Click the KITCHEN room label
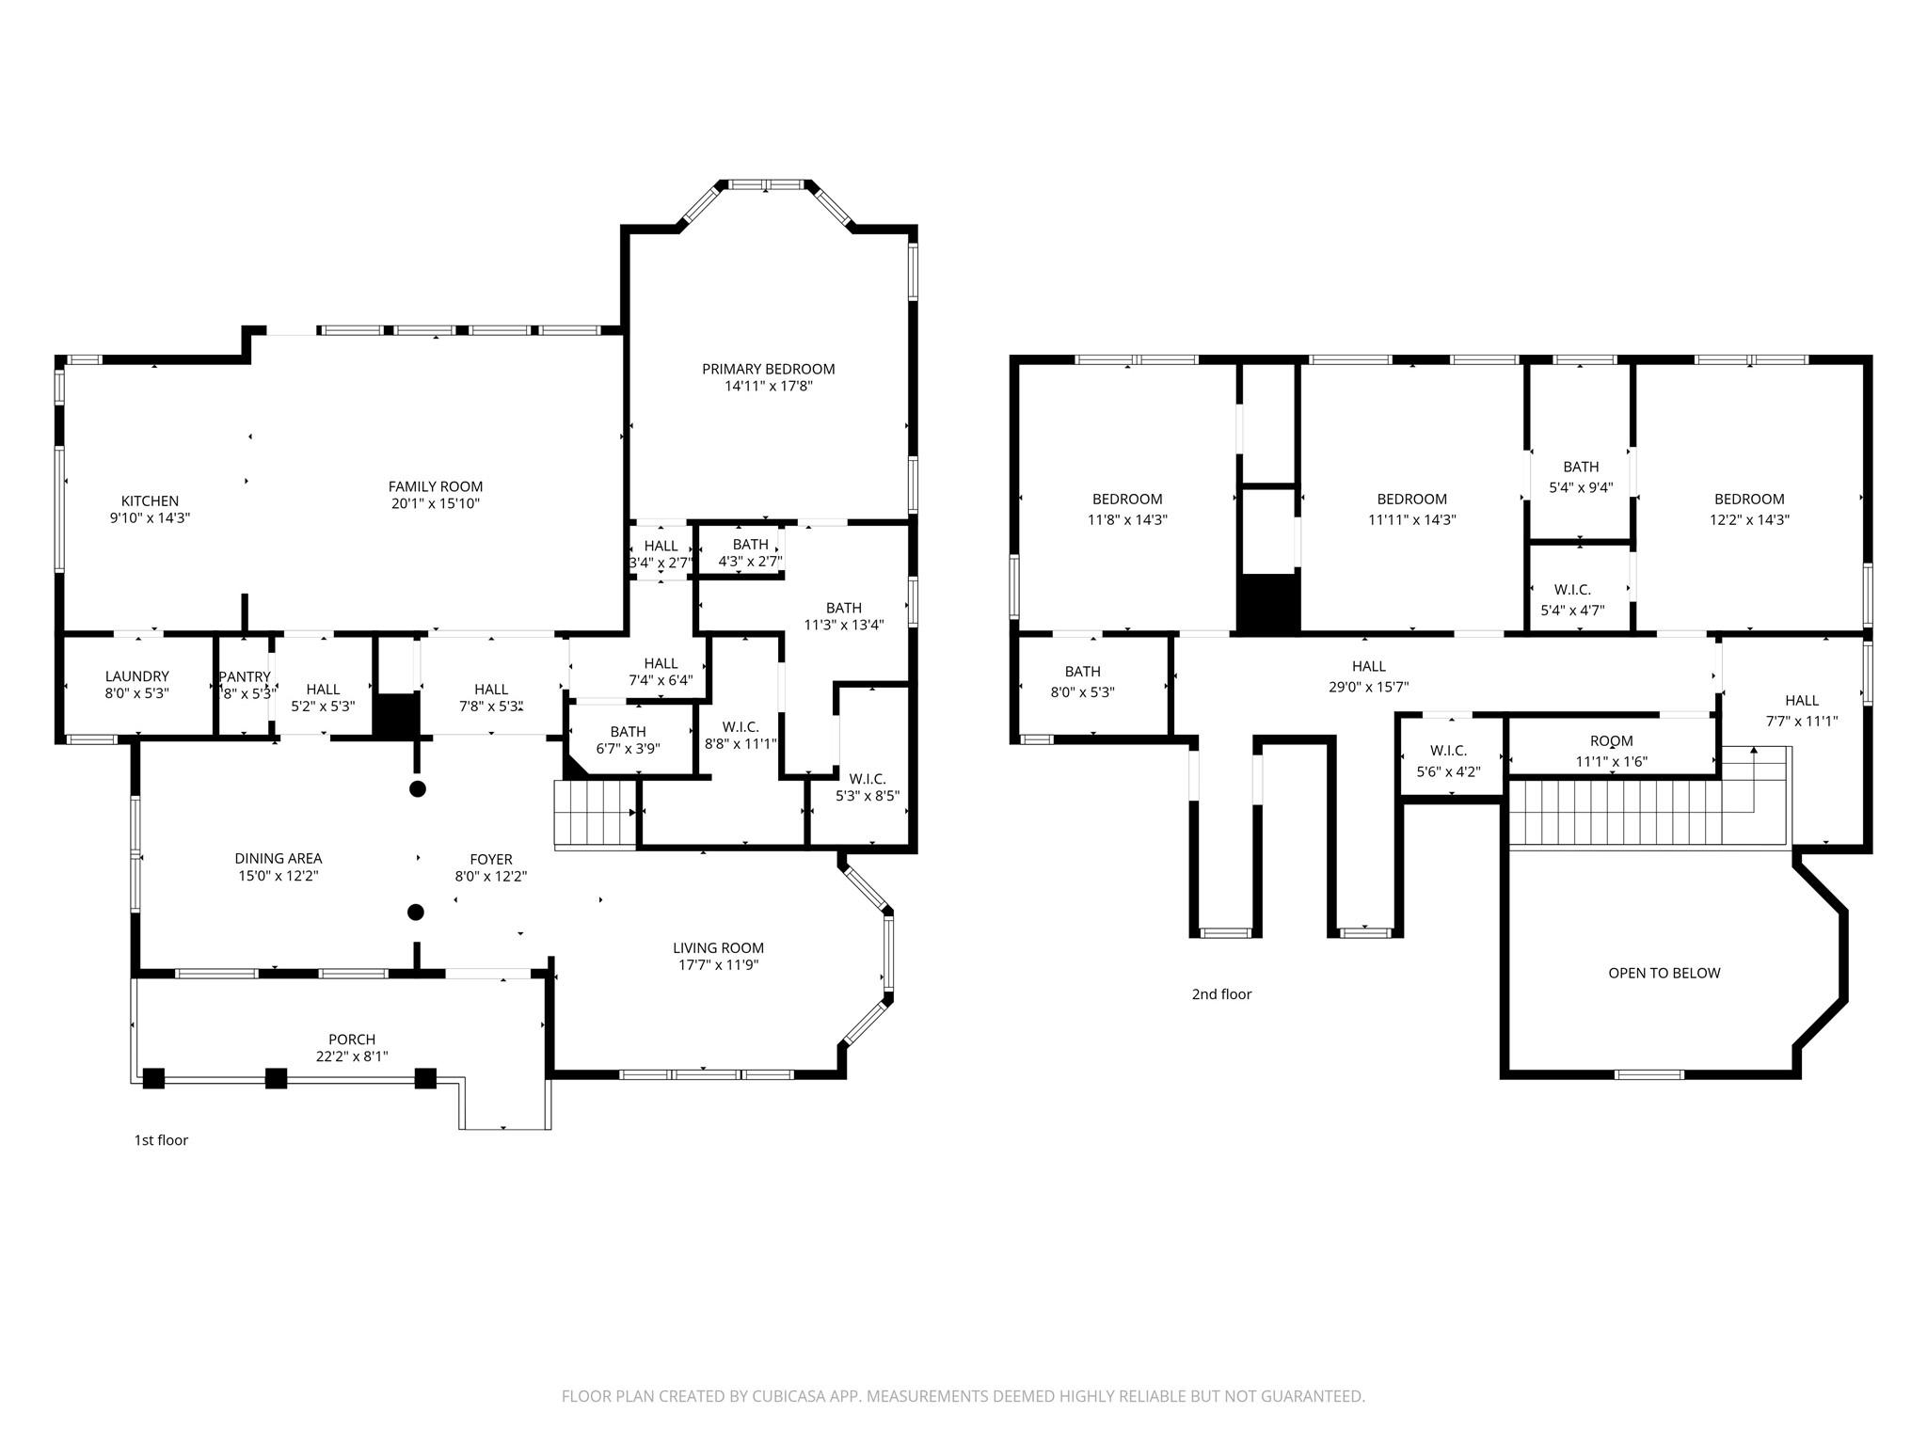click(x=150, y=501)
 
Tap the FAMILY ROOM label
click(x=436, y=486)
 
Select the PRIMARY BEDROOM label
click(x=769, y=369)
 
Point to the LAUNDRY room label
click(x=137, y=676)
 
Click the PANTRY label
click(x=245, y=677)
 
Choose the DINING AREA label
click(x=279, y=858)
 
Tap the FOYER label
click(x=491, y=859)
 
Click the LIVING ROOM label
click(x=719, y=948)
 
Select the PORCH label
click(x=352, y=1040)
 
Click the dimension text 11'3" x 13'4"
click(x=844, y=625)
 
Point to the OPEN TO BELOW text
click(x=1664, y=973)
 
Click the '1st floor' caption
click(x=161, y=1140)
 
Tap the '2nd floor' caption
click(x=1222, y=994)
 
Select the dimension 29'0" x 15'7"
click(x=1369, y=687)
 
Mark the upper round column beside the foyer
click(x=418, y=788)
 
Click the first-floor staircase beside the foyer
click(x=597, y=815)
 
